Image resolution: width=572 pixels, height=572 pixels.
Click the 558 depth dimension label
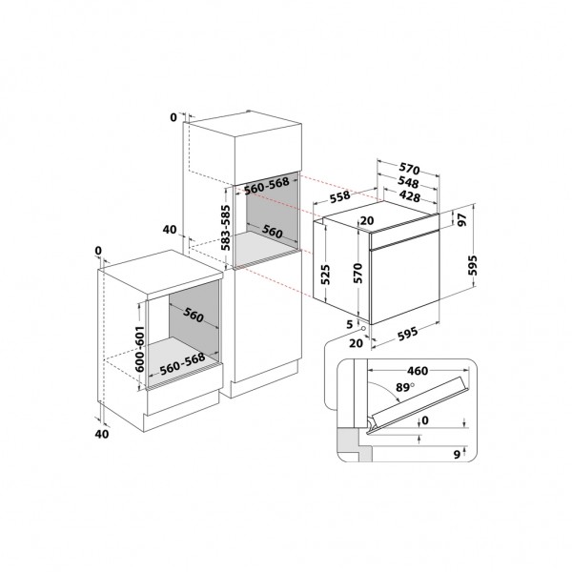(x=339, y=197)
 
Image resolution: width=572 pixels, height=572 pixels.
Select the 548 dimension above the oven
(x=408, y=182)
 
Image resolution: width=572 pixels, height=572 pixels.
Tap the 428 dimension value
(x=410, y=196)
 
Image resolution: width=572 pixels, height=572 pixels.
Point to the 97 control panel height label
(x=462, y=220)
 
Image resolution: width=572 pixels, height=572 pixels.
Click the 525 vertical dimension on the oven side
(x=325, y=275)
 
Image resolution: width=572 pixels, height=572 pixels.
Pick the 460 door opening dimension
(x=418, y=371)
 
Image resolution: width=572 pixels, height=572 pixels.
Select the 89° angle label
(x=405, y=387)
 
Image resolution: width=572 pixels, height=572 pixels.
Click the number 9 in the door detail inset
(x=457, y=455)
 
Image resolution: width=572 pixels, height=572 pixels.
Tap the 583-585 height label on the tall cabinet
(x=226, y=228)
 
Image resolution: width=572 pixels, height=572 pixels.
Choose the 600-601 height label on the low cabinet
(x=140, y=349)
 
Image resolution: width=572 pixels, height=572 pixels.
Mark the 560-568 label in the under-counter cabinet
(x=182, y=364)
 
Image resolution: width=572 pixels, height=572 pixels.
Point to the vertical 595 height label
(x=473, y=265)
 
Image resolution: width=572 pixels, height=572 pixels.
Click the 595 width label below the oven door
(x=407, y=334)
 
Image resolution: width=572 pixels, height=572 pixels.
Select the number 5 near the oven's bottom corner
(x=350, y=324)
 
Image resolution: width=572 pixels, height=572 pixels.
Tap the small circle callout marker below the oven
(x=363, y=329)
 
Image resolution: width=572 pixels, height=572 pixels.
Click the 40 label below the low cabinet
(x=102, y=434)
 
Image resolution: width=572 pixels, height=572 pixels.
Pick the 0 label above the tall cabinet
(x=174, y=117)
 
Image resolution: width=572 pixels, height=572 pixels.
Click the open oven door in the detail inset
(x=419, y=405)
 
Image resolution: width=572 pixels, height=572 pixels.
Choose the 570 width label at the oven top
(x=409, y=169)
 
